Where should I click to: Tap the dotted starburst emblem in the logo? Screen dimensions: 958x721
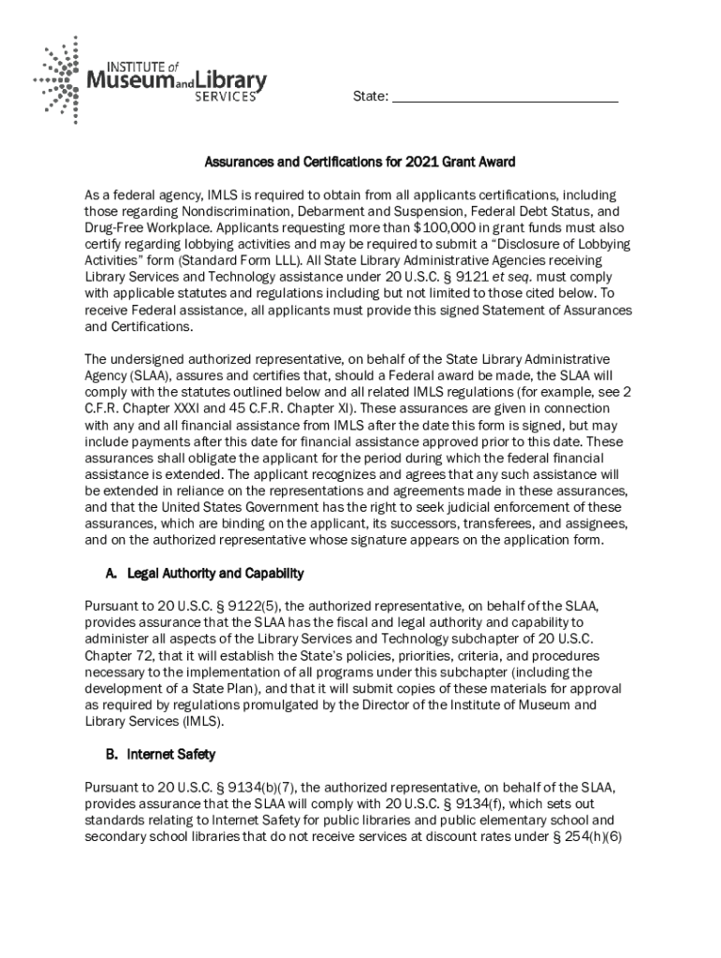tap(60, 80)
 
